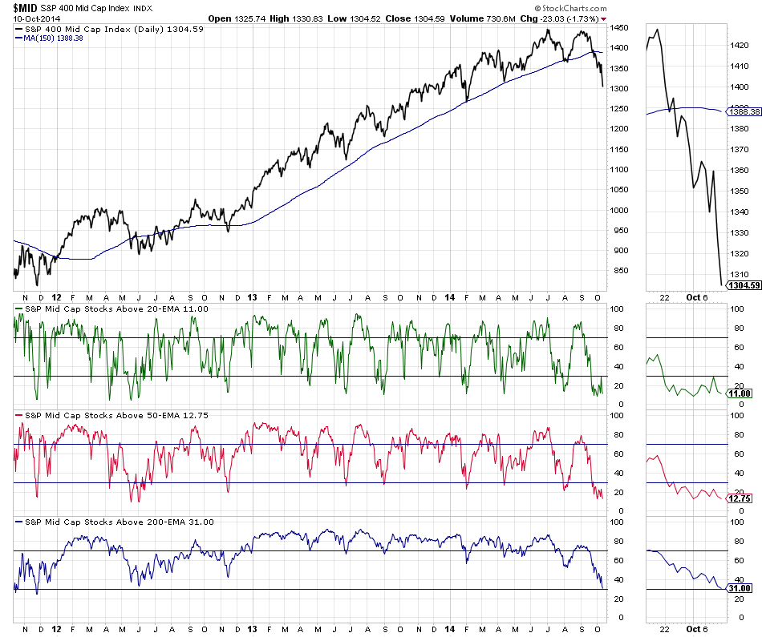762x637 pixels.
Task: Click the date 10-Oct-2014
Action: pos(27,18)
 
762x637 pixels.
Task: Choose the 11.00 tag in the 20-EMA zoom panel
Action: pos(740,394)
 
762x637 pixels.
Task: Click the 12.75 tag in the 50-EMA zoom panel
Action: pos(740,498)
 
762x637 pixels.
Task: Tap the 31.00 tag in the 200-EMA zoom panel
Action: pos(740,588)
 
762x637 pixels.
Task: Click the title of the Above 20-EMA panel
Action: pos(112,308)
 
